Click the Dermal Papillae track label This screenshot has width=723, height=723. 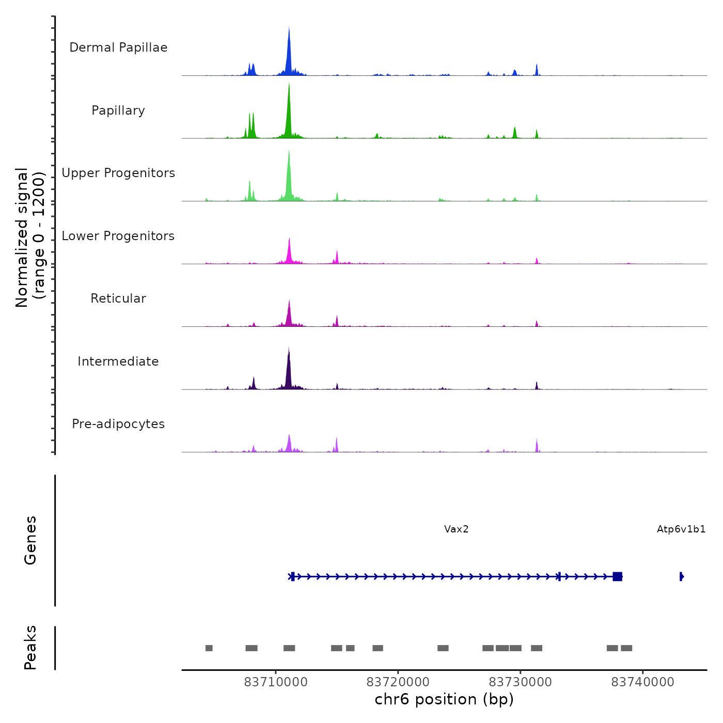point(118,48)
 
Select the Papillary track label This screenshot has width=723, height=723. point(118,111)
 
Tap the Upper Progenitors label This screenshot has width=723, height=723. point(118,173)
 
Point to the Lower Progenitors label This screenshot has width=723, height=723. point(118,236)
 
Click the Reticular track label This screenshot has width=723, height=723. point(118,298)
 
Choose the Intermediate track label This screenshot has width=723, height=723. point(118,361)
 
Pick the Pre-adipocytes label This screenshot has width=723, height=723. point(118,424)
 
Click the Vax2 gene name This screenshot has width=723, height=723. point(457,529)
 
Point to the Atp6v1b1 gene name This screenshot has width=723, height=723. point(681,529)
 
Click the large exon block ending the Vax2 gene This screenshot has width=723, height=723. point(617,576)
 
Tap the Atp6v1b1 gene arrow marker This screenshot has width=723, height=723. point(682,576)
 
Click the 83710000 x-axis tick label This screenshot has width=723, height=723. point(276,682)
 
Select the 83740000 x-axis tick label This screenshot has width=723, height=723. point(643,682)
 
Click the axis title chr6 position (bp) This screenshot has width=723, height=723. point(444,700)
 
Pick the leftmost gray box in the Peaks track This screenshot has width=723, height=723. point(209,648)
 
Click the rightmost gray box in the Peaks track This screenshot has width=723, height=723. point(626,648)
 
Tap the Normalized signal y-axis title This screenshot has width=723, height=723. point(30,238)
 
